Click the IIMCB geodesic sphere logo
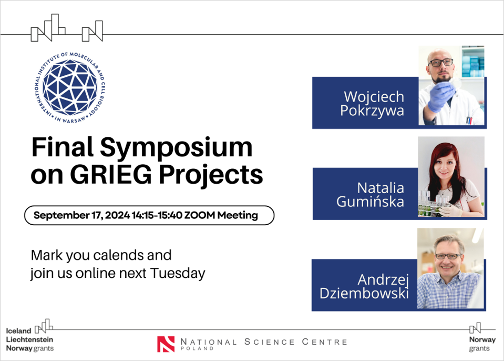point(70,87)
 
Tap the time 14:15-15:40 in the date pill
point(157,215)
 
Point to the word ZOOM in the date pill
point(200,215)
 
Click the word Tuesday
point(178,274)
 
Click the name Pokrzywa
point(372,111)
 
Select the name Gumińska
point(370,202)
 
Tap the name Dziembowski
point(364,293)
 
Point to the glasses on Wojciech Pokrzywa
point(440,63)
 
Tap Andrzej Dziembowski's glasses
point(448,256)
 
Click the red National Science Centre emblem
point(166,344)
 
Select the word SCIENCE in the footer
point(270,342)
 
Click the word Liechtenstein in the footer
point(29,339)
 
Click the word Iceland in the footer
point(18,331)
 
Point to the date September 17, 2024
point(81,215)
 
